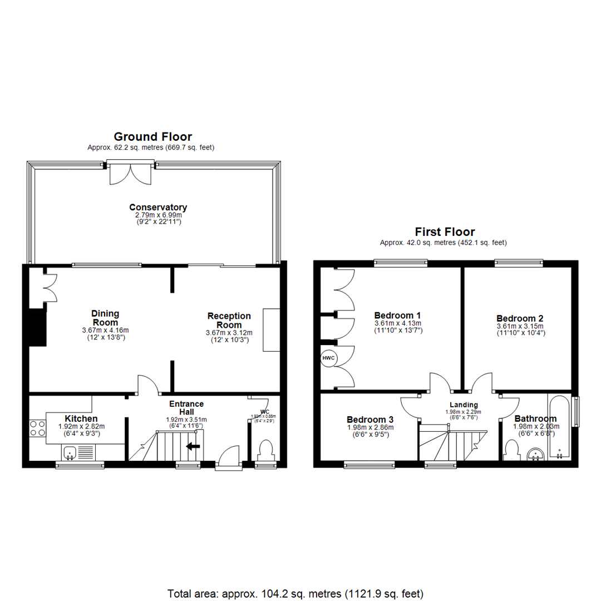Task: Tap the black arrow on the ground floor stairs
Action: coord(193,446)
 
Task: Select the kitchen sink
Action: coord(71,453)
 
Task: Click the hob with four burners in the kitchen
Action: coord(38,427)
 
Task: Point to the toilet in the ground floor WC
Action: coord(266,450)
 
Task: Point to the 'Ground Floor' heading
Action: coord(152,136)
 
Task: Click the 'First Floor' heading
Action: coord(445,231)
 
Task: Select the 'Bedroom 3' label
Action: coord(370,419)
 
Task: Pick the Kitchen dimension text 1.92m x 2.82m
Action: coord(82,427)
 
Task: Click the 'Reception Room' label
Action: coord(229,320)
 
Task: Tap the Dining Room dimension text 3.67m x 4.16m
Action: coord(105,330)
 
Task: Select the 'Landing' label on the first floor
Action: coord(464,405)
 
